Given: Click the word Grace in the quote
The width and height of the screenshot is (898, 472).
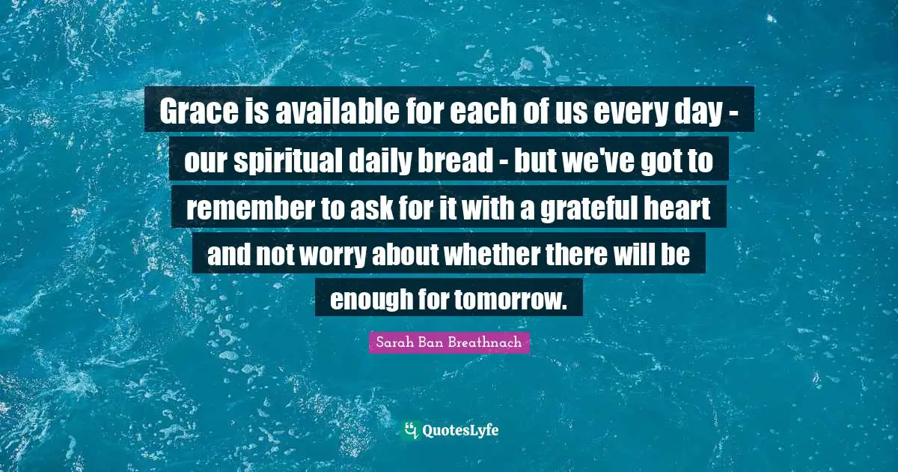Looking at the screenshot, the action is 199,111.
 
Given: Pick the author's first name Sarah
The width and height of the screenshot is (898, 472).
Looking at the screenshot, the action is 392,342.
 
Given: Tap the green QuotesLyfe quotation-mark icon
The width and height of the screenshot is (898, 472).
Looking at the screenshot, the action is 411,430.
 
